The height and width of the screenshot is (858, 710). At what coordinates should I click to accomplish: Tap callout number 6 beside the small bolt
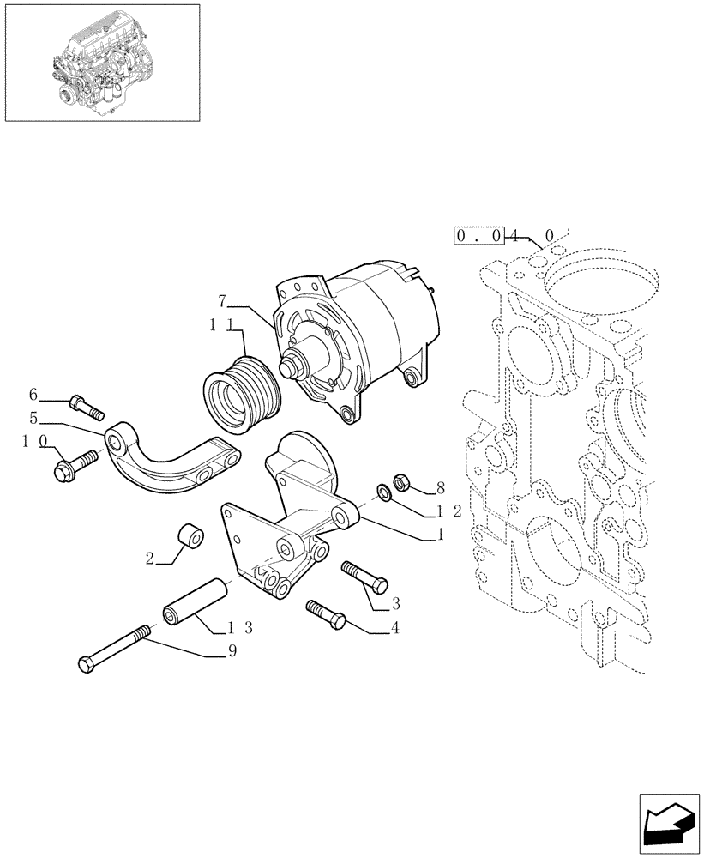[33, 394]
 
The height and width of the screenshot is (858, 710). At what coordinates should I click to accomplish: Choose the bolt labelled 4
[325, 613]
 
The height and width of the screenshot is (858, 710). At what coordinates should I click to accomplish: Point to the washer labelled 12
[382, 492]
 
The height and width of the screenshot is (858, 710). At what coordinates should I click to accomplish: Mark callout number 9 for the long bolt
[232, 651]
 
